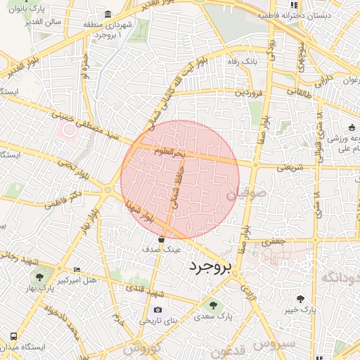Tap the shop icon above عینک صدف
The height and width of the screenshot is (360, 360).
(x=161, y=240)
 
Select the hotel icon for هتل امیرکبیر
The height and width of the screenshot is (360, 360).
(x=77, y=270)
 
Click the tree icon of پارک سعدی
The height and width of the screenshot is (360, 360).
(x=212, y=305)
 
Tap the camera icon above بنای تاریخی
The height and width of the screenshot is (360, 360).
(x=157, y=309)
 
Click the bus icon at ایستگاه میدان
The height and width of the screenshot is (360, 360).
(x=13, y=335)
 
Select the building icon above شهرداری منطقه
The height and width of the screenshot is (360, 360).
(x=107, y=14)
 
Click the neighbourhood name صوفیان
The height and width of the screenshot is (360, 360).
(x=247, y=191)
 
